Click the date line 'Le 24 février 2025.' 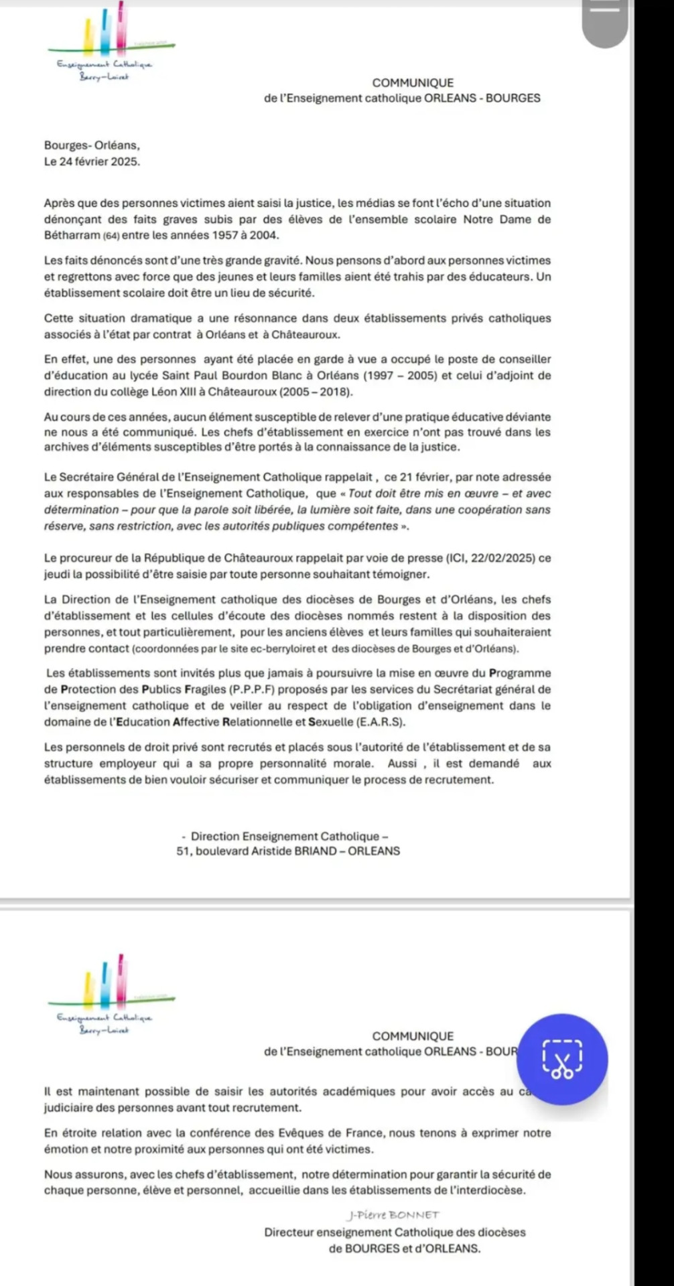coord(92,161)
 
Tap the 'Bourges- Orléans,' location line coord(92,145)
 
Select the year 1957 coord(226,235)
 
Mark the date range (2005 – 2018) coord(316,392)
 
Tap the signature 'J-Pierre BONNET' coord(393,1215)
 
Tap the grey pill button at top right coord(605,23)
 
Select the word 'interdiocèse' coord(492,1190)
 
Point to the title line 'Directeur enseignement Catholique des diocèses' coord(395,1232)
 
